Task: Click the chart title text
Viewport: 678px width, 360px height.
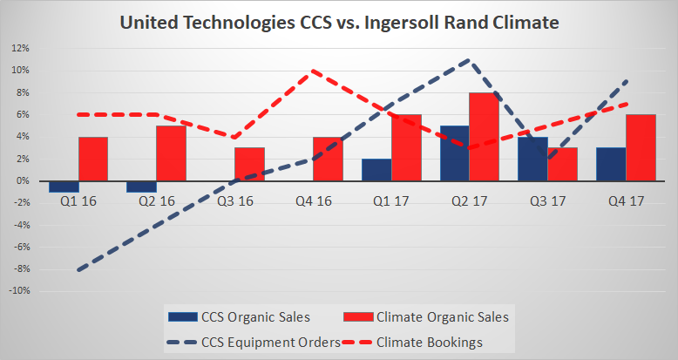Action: [338, 24]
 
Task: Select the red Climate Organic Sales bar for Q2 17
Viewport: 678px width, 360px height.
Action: [484, 137]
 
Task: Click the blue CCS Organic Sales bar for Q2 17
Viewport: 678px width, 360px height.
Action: [454, 153]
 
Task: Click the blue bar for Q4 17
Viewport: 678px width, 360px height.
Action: [611, 164]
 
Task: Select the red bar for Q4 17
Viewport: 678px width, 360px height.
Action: [640, 148]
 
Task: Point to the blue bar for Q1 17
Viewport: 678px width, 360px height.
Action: [376, 170]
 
